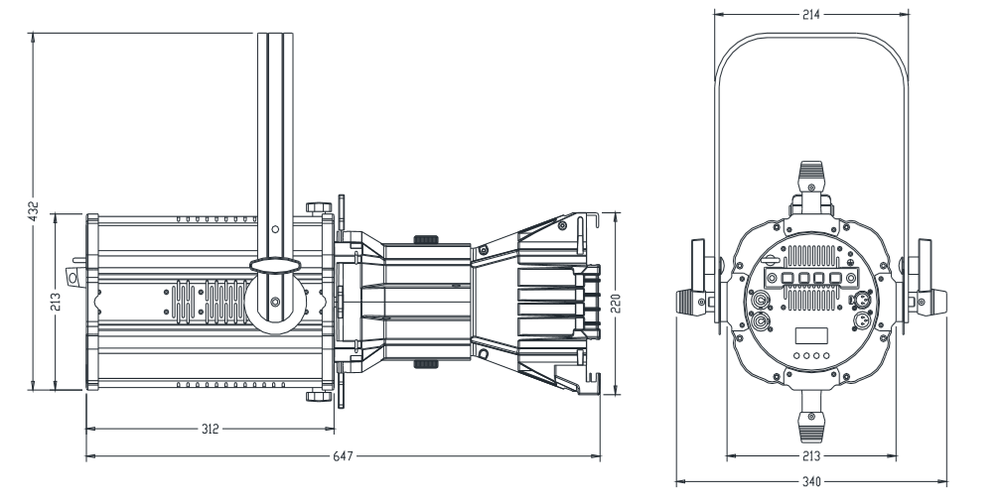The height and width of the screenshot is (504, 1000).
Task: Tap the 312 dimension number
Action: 211,430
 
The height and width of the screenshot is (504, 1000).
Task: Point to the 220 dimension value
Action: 616,303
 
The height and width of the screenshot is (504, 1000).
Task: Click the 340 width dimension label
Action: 811,482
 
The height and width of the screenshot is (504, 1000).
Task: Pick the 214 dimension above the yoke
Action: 811,16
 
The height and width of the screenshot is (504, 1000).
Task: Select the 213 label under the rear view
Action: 811,456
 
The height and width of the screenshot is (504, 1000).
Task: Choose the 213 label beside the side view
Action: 56,299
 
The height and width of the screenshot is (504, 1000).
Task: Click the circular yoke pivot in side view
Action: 276,302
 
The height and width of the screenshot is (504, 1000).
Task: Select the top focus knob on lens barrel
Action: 424,238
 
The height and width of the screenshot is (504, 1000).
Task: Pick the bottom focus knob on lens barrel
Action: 424,364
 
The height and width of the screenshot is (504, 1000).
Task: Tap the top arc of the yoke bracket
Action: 811,38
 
